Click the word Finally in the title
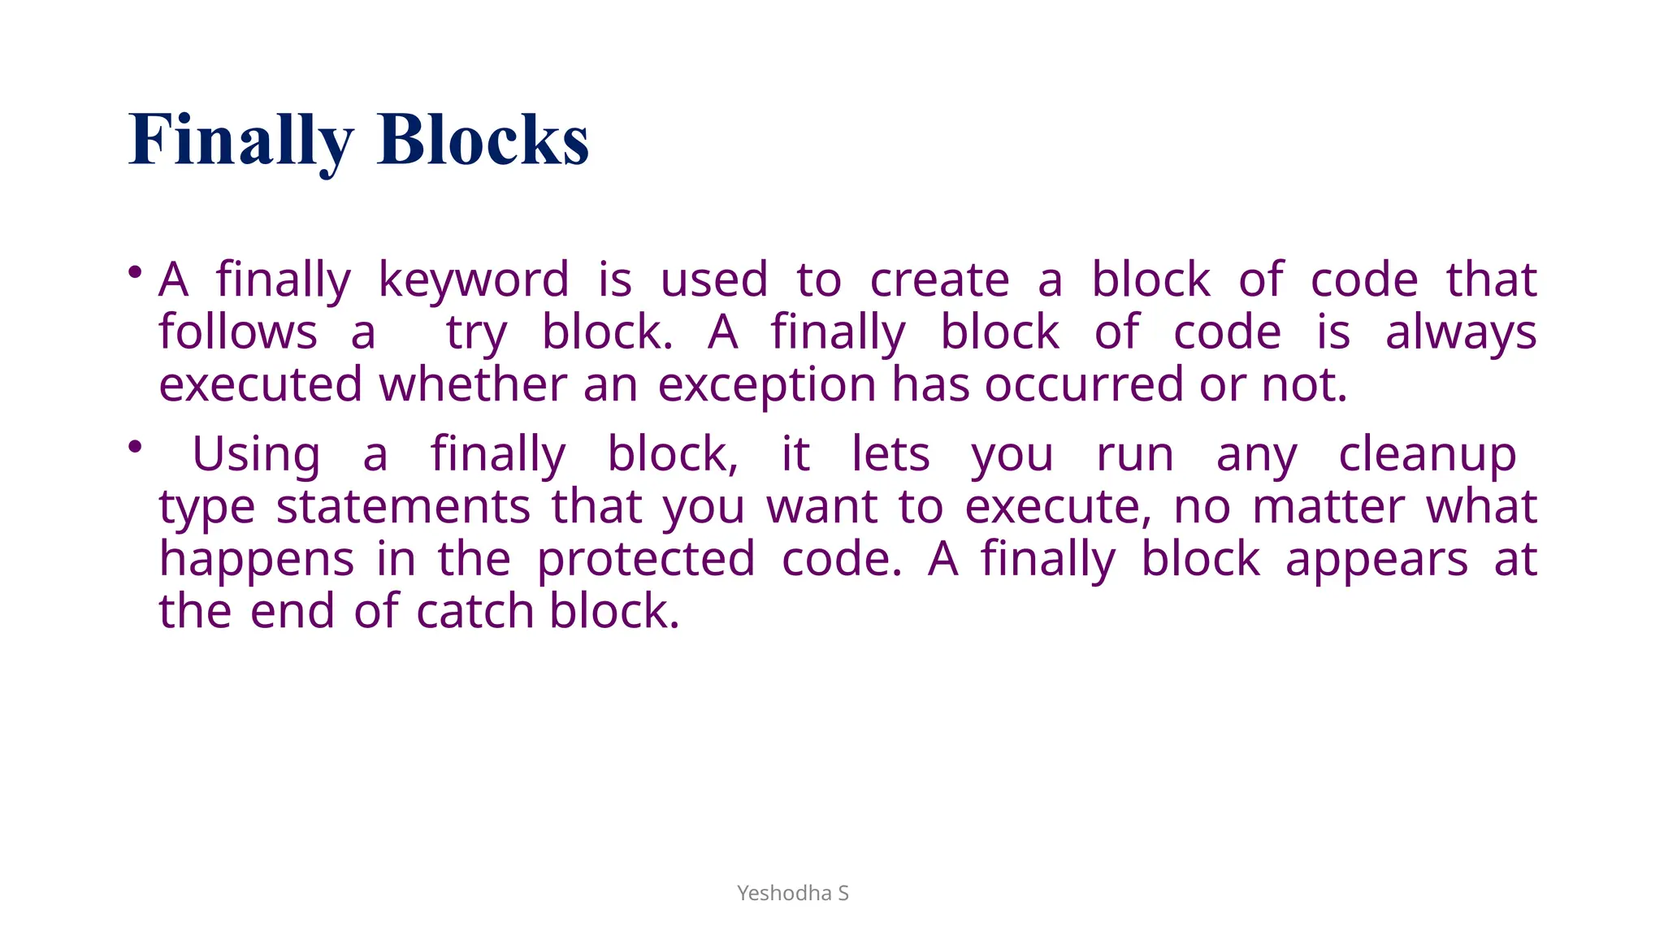click(241, 141)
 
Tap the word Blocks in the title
click(483, 141)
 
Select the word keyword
click(474, 280)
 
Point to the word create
click(939, 280)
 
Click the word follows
click(238, 332)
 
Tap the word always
click(1461, 334)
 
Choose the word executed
click(260, 385)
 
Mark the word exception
click(766, 386)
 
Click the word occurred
click(1084, 385)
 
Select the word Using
click(256, 455)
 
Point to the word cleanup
click(1427, 455)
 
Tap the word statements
click(403, 507)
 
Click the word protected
click(646, 560)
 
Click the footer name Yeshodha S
click(792, 893)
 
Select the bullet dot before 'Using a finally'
click(136, 445)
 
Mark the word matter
click(1328, 507)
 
